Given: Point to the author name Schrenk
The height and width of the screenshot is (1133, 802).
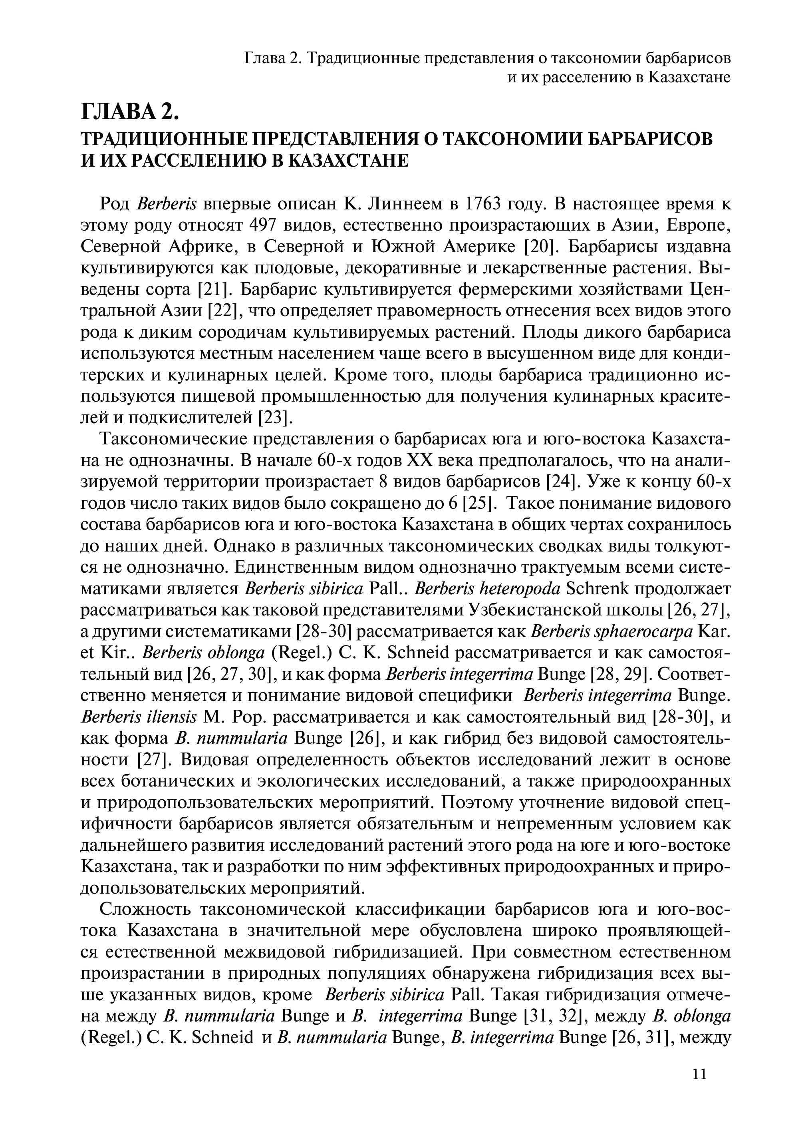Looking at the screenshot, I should coord(598,589).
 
